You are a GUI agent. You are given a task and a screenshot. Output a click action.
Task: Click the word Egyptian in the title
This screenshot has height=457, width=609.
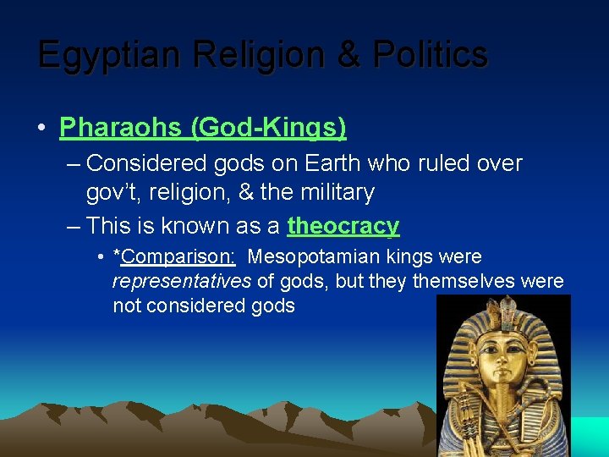pos(110,55)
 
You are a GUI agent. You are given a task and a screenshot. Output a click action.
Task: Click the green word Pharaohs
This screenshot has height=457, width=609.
pos(121,128)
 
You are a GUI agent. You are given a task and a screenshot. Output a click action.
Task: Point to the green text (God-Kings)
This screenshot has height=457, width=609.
pos(268,128)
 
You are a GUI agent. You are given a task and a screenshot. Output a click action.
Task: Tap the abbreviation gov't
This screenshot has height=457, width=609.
pos(115,193)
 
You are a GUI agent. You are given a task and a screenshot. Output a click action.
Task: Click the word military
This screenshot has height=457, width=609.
pos(336,193)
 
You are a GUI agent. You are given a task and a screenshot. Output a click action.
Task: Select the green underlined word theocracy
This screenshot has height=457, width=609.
pos(343,226)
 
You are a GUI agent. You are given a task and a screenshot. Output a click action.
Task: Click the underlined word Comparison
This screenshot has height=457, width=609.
pos(178,256)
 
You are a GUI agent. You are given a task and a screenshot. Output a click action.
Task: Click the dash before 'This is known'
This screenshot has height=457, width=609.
pos(73,226)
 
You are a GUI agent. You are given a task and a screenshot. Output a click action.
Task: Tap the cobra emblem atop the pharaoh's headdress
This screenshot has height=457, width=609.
pos(507,320)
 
